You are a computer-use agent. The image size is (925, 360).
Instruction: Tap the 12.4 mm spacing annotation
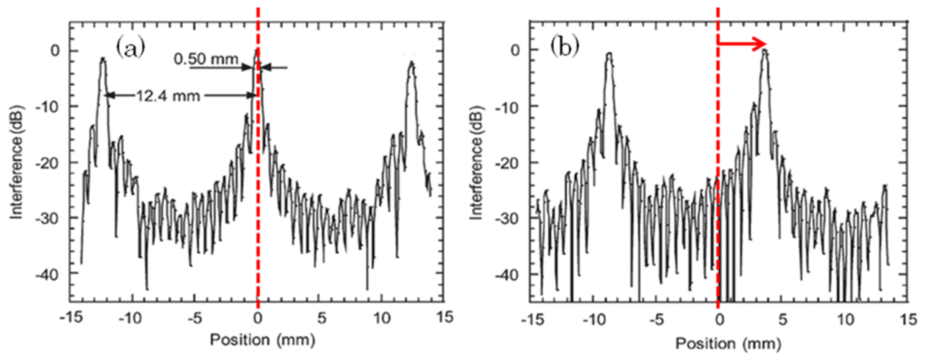coord(168,96)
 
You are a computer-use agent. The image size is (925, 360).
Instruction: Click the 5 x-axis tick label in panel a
coord(322,318)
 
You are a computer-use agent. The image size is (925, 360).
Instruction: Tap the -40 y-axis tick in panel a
coord(47,275)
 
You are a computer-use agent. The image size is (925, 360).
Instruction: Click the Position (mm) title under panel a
coord(263,340)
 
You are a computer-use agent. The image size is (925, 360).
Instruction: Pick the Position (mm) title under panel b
coord(728,343)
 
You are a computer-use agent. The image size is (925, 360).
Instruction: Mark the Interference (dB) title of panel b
coord(476,163)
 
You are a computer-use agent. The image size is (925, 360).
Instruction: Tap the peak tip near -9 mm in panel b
coord(609,54)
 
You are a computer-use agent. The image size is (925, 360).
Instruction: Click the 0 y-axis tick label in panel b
coord(515,50)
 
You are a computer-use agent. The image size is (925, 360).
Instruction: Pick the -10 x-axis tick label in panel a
coord(130,318)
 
